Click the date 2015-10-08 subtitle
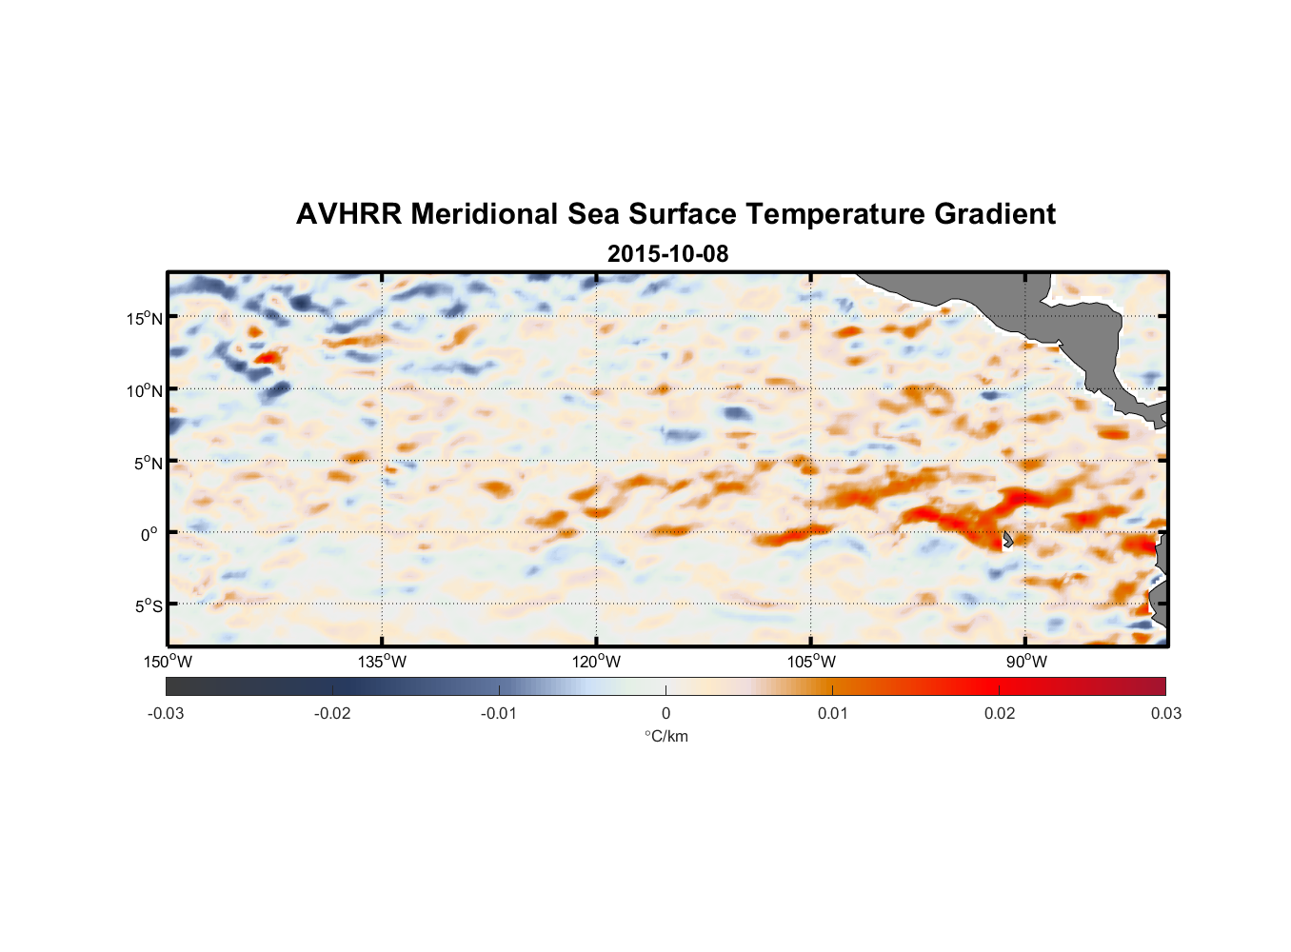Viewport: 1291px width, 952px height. (x=667, y=254)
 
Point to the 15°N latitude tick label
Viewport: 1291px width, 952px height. (x=145, y=318)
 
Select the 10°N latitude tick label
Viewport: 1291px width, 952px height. (x=145, y=390)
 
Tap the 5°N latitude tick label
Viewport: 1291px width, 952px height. (x=148, y=463)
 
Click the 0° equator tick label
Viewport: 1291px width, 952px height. (x=149, y=534)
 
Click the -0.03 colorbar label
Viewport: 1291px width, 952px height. (x=166, y=714)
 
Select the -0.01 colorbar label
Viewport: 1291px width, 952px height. (x=499, y=714)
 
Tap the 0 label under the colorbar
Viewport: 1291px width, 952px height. (x=665, y=714)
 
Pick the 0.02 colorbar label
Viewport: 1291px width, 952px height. (x=1000, y=714)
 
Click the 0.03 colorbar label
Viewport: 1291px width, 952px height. (x=1165, y=714)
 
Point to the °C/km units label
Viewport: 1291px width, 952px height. (x=666, y=736)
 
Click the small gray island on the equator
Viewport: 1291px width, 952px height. (x=1007, y=540)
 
